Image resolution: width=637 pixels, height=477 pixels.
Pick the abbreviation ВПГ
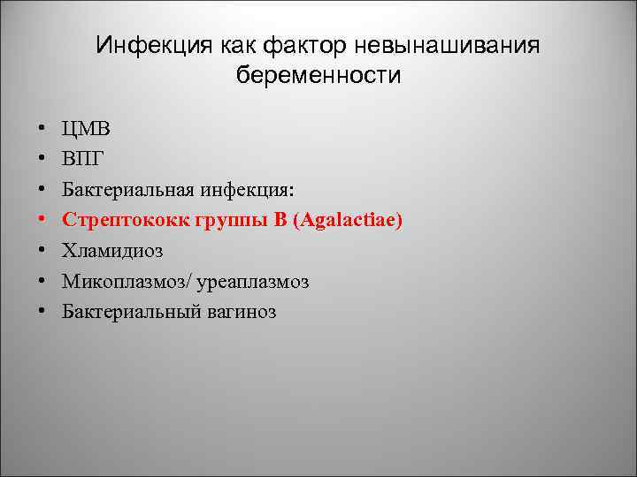[x=85, y=159]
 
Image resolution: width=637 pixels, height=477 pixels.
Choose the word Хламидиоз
[x=112, y=250]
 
